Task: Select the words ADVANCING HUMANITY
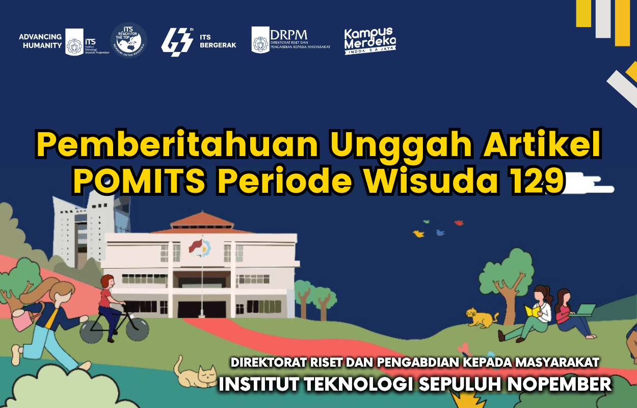pyautogui.click(x=40, y=41)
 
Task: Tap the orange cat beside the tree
pyautogui.click(x=482, y=318)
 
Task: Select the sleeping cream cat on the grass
pyautogui.click(x=196, y=375)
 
